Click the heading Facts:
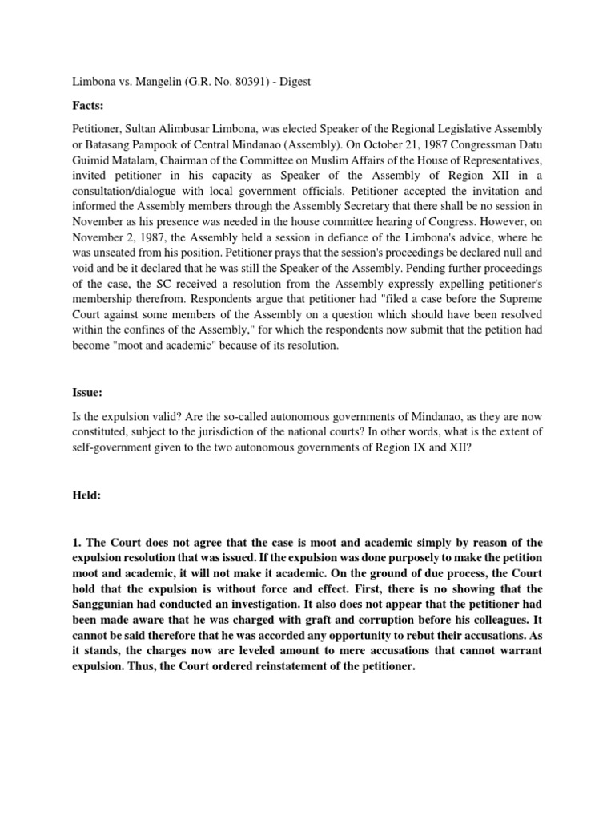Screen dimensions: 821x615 tap(89, 104)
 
